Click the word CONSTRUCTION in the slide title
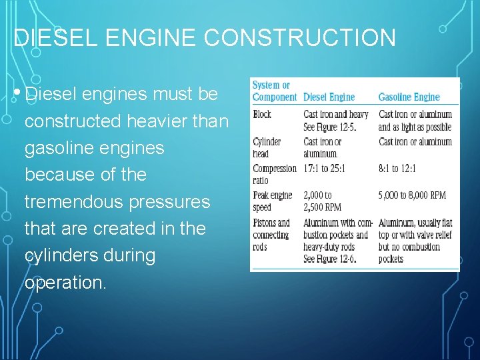tap(300, 37)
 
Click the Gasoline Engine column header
tap(409, 97)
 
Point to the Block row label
tap(262, 115)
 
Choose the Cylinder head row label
tap(267, 147)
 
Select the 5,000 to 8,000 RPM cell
tap(412, 195)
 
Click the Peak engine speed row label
tap(272, 201)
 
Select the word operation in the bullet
tap(63, 283)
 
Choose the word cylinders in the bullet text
tap(66, 256)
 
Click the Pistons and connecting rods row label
tap(271, 235)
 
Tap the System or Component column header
tap(274, 91)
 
